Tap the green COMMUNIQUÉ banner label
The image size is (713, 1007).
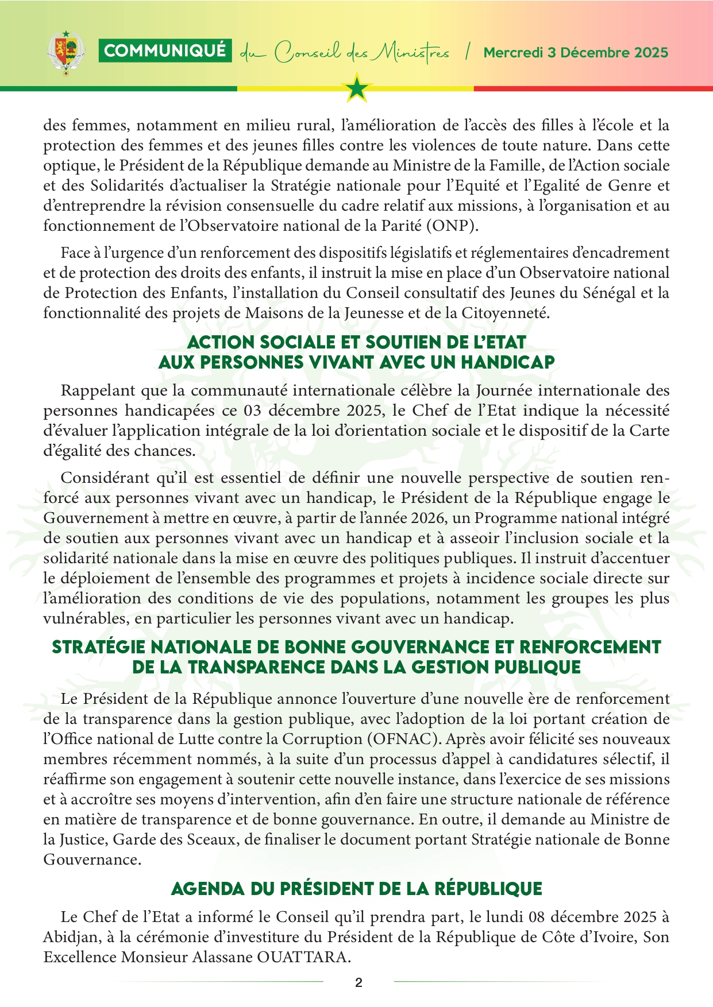(x=165, y=51)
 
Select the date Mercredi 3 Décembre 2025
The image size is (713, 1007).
(x=576, y=53)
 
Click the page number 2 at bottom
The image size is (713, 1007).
(x=359, y=982)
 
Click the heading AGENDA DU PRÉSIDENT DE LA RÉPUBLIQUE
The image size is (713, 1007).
(x=356, y=889)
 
